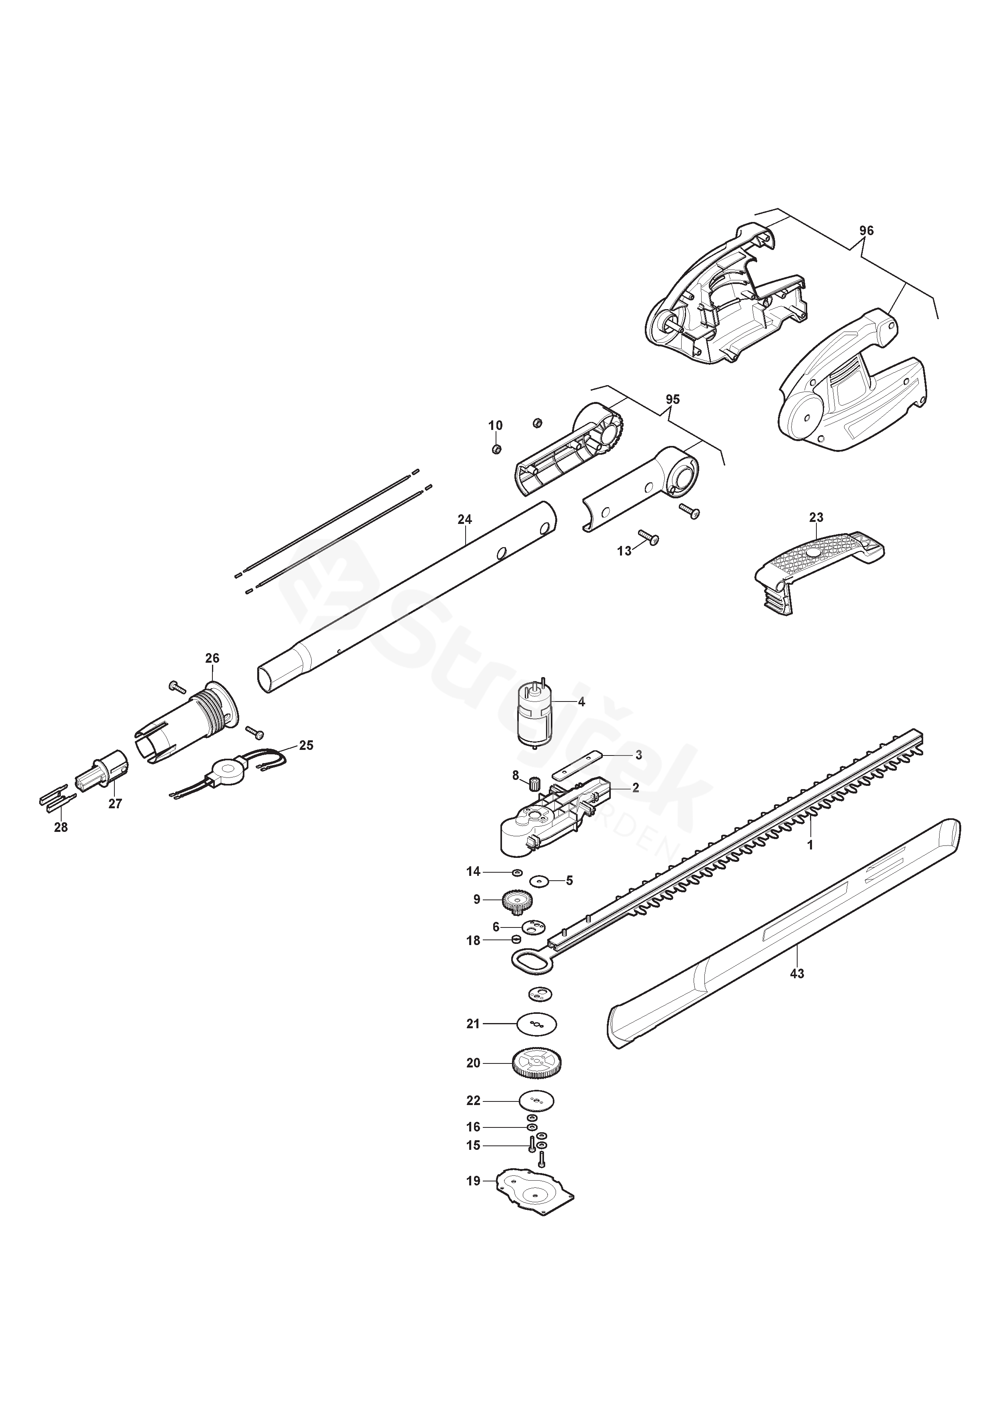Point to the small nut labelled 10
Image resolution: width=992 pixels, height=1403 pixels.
click(496, 449)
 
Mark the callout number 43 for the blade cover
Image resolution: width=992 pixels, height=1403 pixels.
click(797, 973)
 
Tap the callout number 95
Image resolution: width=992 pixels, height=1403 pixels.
click(672, 399)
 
